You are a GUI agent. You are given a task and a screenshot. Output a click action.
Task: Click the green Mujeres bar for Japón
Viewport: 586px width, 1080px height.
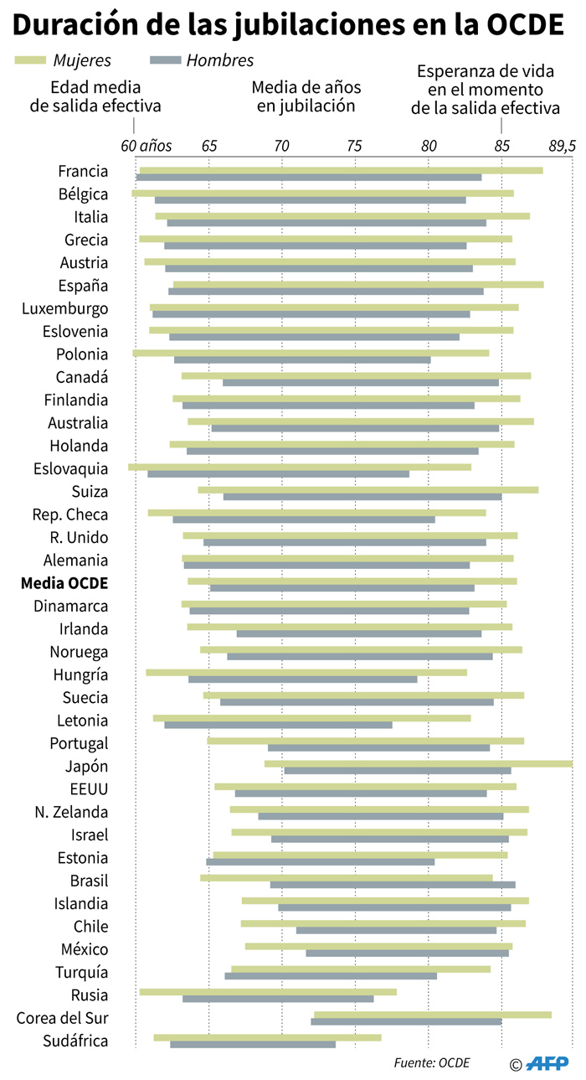pos(419,763)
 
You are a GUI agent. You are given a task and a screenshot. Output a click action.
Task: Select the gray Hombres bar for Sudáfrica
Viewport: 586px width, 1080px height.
pos(253,1044)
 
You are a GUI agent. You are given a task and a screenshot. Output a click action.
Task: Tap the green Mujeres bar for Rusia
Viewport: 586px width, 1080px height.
pos(268,992)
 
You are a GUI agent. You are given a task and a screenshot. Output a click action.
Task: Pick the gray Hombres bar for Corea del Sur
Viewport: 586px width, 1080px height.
pos(406,1021)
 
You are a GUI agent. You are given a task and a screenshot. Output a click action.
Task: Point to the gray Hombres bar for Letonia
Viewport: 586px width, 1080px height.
pos(278,724)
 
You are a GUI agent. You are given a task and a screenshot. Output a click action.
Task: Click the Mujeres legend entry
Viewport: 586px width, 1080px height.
pos(63,60)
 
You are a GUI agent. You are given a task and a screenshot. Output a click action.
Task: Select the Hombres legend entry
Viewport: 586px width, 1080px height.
pos(201,60)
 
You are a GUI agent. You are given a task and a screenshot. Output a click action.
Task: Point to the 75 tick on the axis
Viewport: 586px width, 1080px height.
pos(355,146)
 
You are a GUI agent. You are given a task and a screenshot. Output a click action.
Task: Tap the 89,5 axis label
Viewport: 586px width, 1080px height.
pos(563,146)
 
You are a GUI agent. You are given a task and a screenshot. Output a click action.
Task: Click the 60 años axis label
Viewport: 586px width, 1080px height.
pos(146,146)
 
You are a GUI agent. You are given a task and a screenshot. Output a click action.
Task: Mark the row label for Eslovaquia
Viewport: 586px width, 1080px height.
pos(71,468)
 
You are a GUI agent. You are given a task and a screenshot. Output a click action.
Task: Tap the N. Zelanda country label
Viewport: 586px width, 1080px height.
pos(71,811)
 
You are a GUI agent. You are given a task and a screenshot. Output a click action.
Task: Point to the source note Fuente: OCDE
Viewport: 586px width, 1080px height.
pos(432,1062)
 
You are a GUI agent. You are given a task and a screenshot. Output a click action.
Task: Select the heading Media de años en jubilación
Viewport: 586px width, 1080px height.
pos(306,96)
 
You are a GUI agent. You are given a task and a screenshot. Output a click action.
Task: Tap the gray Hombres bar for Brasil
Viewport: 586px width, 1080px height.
pos(393,884)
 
